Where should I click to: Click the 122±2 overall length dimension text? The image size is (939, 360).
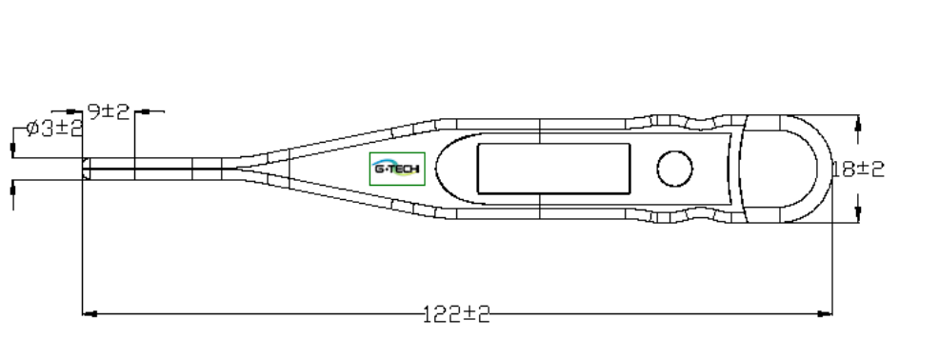(456, 314)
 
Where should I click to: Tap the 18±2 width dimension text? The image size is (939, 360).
(858, 170)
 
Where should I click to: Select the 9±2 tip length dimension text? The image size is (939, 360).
(109, 111)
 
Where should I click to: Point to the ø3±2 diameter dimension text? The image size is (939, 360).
(54, 128)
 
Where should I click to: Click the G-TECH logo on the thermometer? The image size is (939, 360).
(397, 169)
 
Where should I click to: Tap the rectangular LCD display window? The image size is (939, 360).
(553, 169)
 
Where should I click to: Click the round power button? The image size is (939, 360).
(675, 169)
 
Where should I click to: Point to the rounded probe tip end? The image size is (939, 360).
(86, 169)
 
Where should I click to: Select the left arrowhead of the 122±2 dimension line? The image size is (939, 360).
(90, 313)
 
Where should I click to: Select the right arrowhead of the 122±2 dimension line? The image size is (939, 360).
(825, 313)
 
